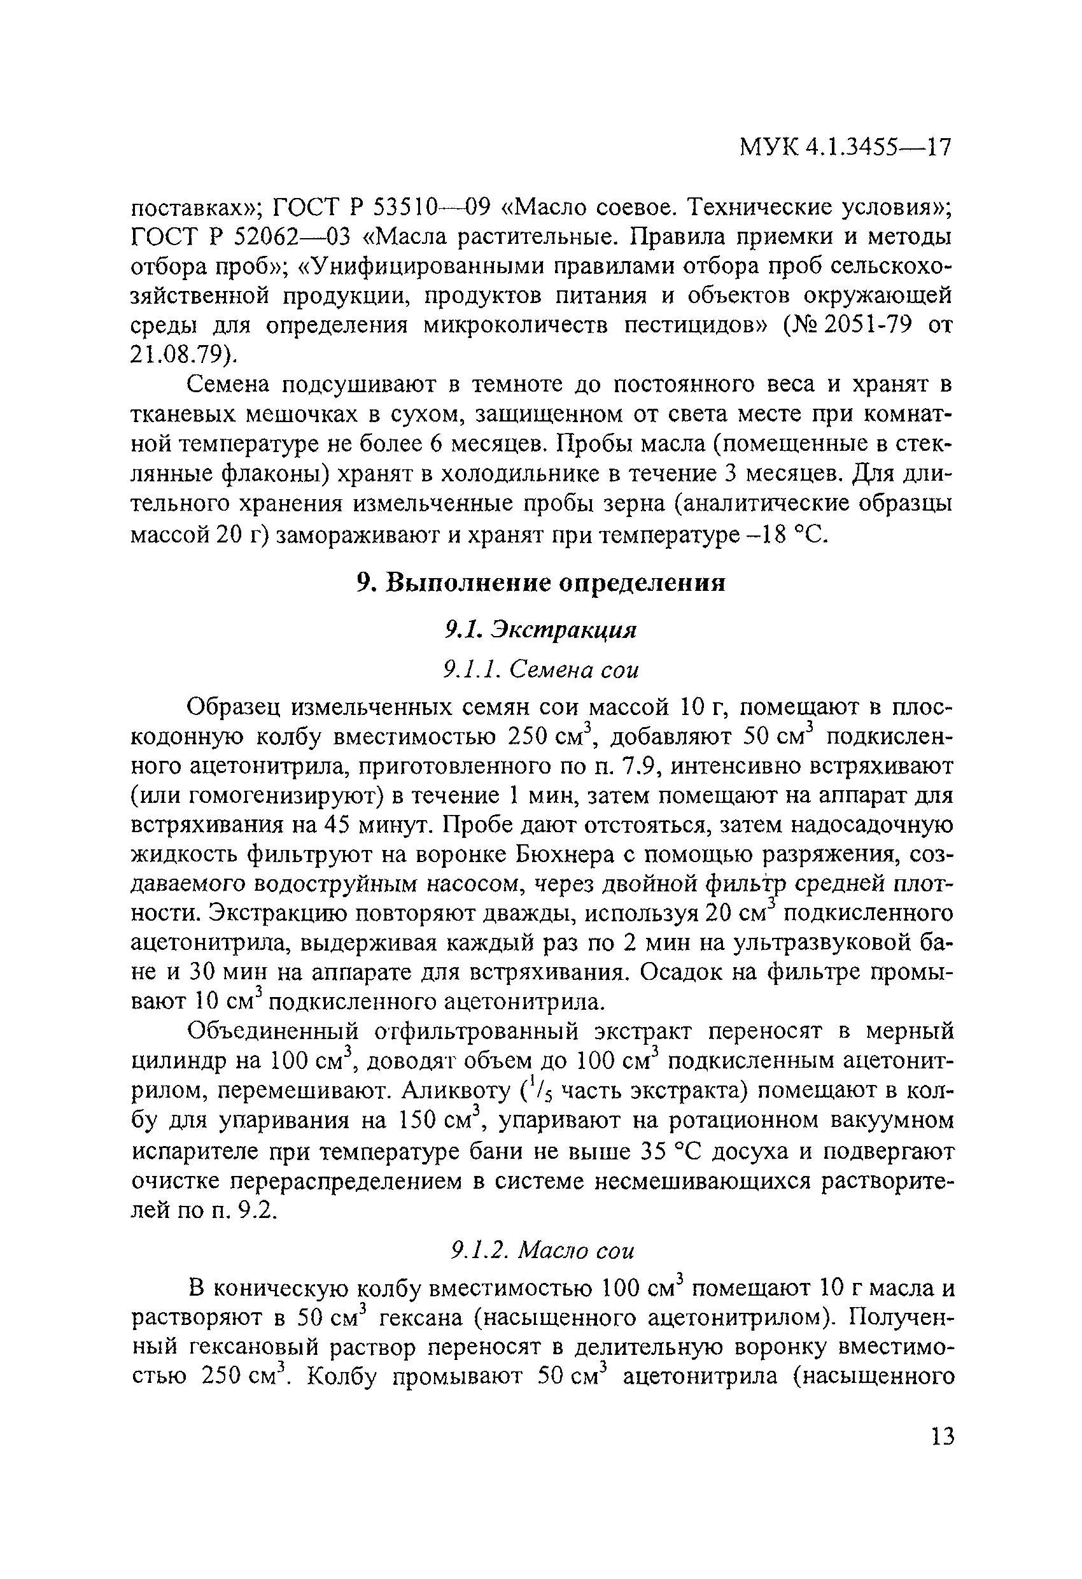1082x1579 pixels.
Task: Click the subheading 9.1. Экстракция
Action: [x=540, y=630]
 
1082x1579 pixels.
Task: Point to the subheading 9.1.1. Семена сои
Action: [x=540, y=670]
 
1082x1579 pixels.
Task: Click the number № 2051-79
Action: [x=850, y=326]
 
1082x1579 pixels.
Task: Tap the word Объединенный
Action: [x=272, y=1032]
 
